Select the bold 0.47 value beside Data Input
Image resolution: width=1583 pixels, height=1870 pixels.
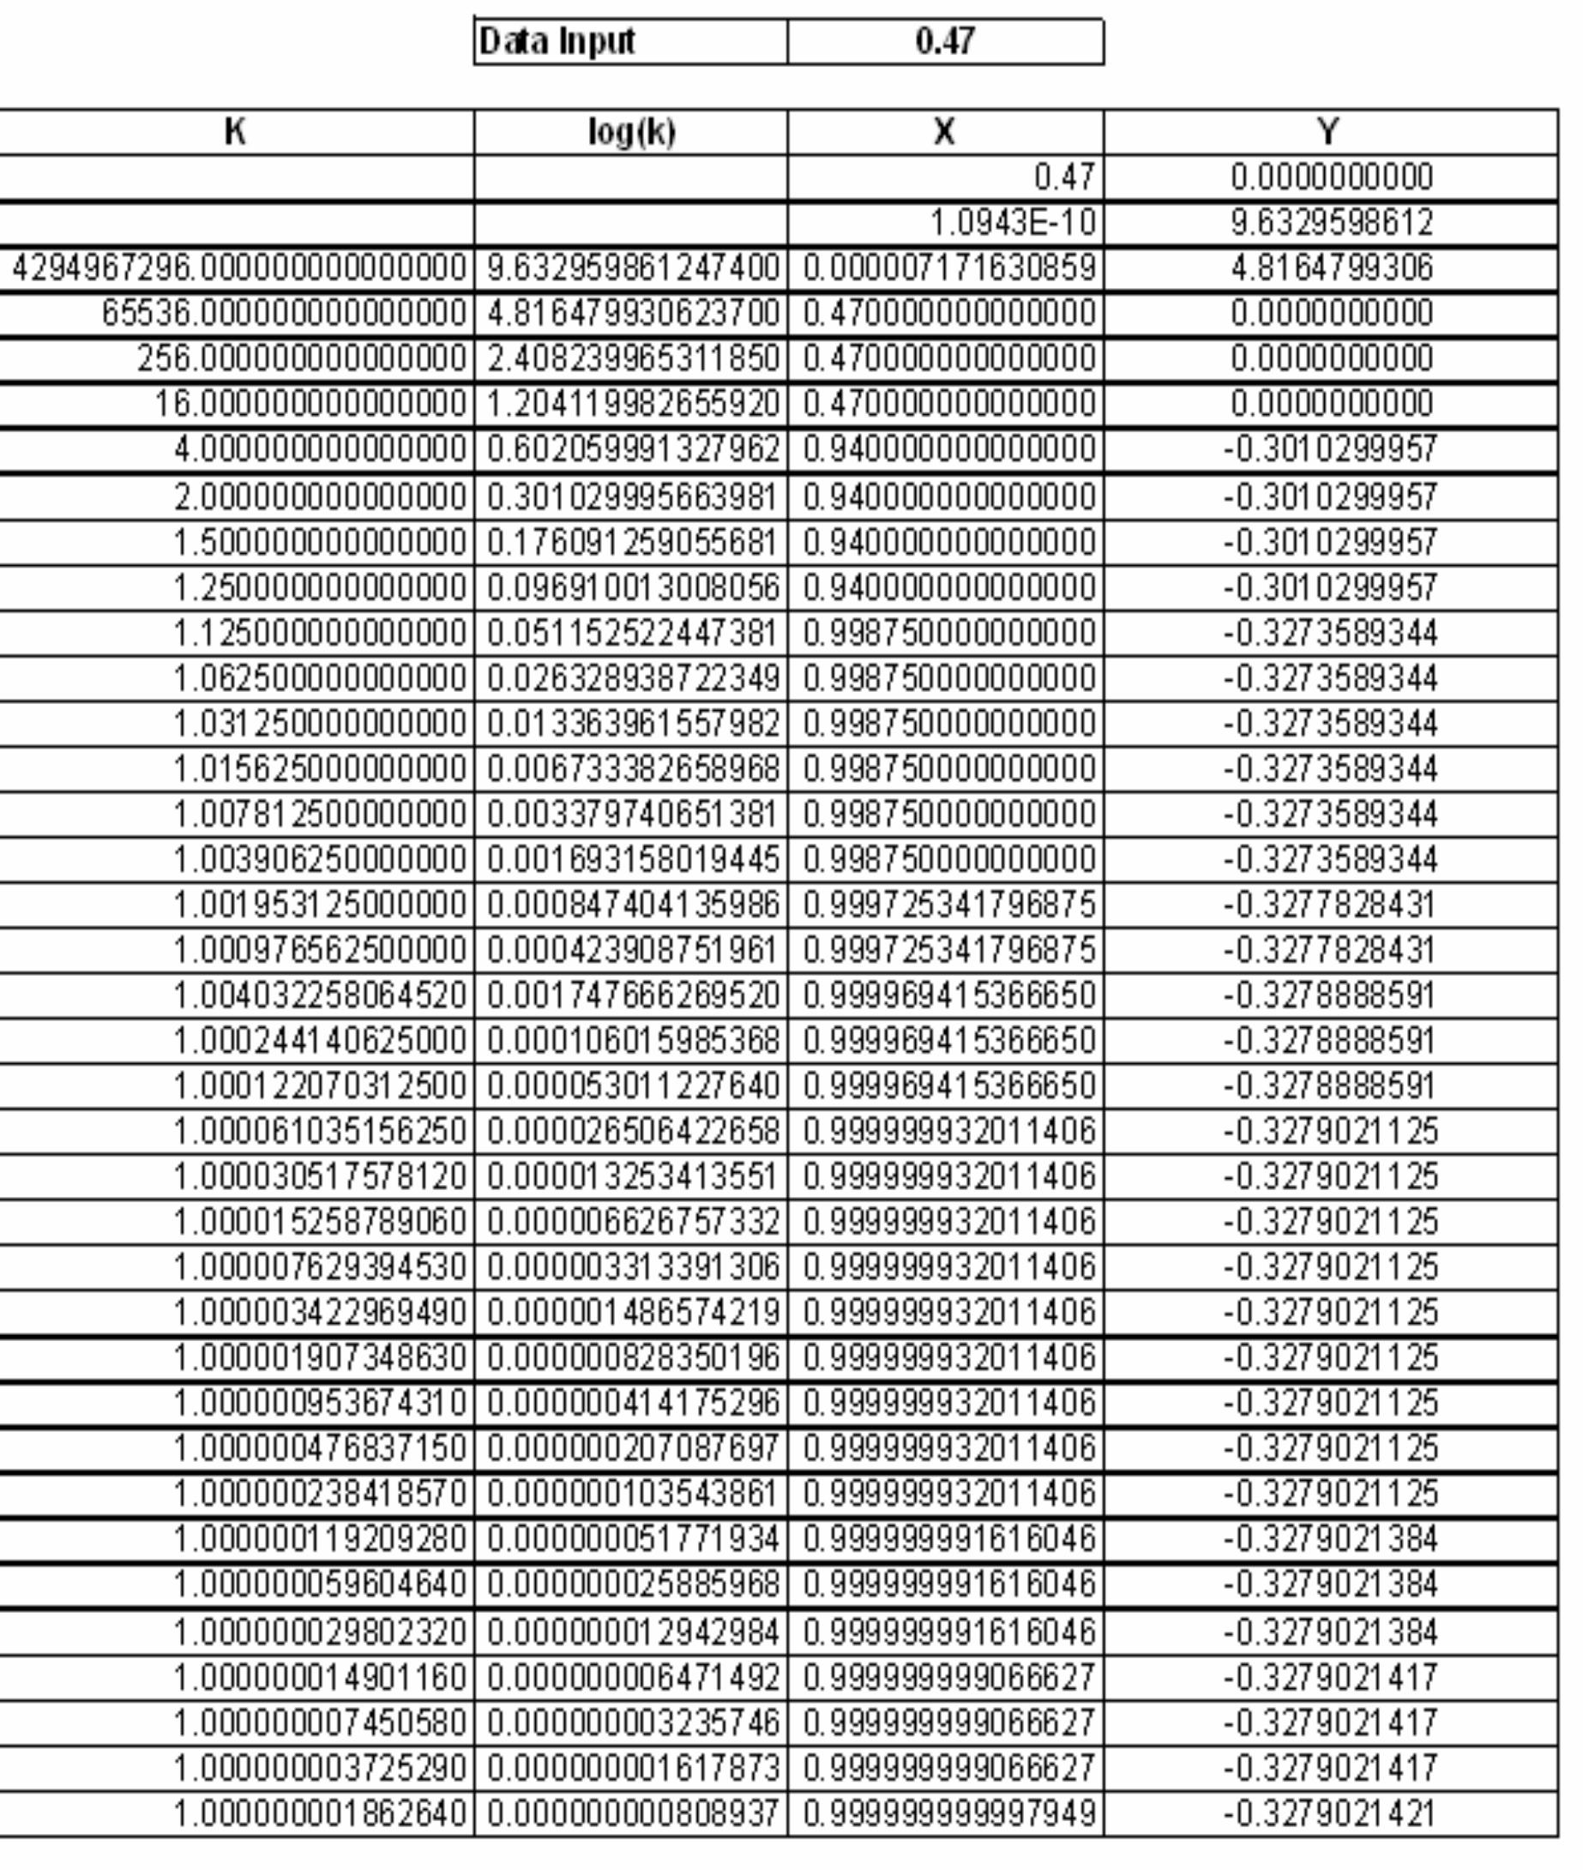pyautogui.click(x=945, y=41)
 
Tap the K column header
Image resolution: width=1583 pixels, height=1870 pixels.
pyautogui.click(x=235, y=133)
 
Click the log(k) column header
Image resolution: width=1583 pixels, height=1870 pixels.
pyautogui.click(x=631, y=133)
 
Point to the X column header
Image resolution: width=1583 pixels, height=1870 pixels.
pyautogui.click(x=945, y=133)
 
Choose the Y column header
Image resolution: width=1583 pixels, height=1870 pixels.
pyautogui.click(x=1330, y=133)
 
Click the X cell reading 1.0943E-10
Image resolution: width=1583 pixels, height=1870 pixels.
pyautogui.click(x=1012, y=224)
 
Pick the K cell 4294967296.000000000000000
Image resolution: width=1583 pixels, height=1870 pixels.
pyautogui.click(x=238, y=268)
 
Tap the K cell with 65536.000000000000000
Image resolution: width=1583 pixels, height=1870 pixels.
pyautogui.click(x=284, y=313)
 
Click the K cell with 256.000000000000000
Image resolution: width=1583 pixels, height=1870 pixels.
pyautogui.click(x=302, y=359)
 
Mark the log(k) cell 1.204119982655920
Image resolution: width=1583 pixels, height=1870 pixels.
pyautogui.click(x=633, y=404)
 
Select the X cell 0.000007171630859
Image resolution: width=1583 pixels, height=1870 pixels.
pyautogui.click(x=948, y=268)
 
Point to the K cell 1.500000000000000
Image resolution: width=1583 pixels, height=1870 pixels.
pyautogui.click(x=320, y=543)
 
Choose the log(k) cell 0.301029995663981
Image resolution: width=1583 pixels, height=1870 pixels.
pyautogui.click(x=633, y=497)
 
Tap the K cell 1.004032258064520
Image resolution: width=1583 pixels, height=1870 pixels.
pyautogui.click(x=320, y=995)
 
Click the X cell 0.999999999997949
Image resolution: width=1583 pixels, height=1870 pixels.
pyautogui.click(x=948, y=1813)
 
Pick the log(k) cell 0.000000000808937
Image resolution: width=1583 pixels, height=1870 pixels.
pyautogui.click(x=633, y=1813)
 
